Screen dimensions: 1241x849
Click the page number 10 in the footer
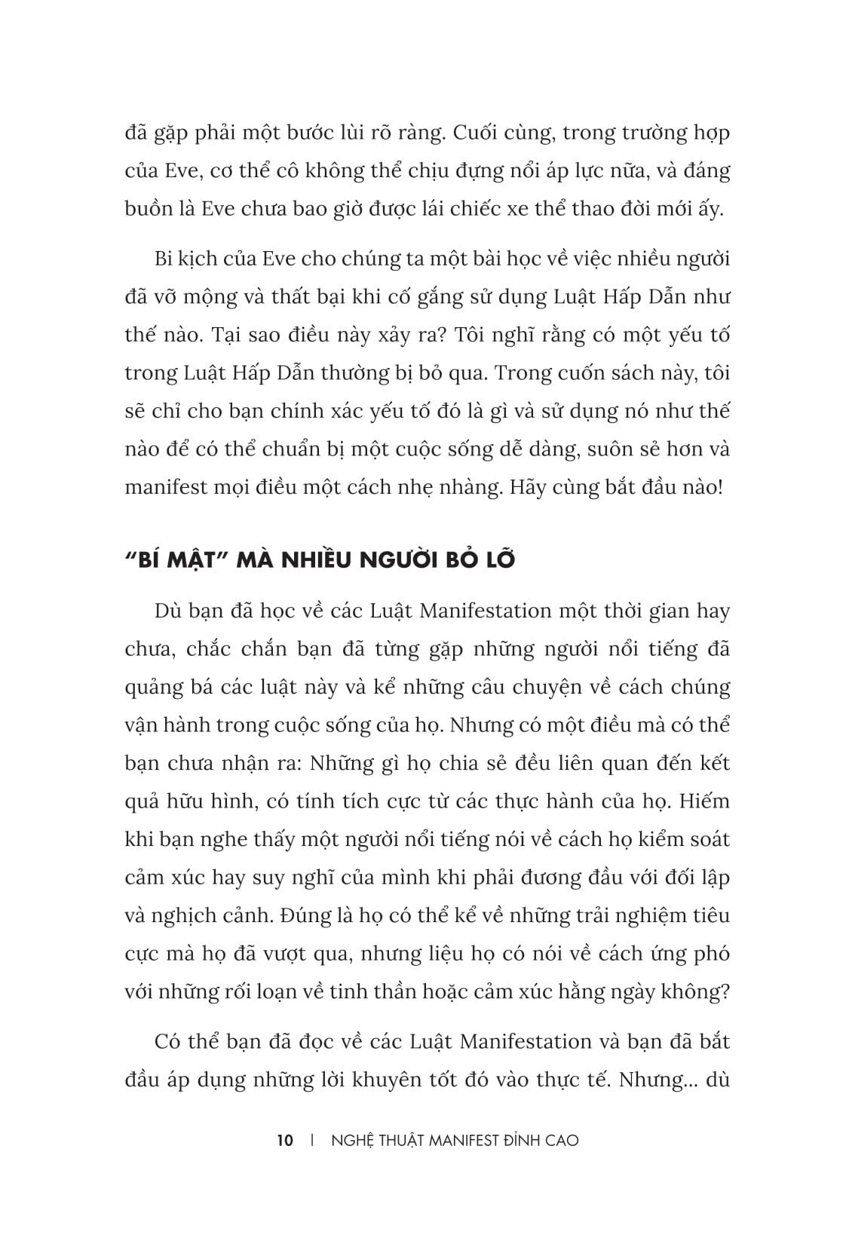pos(285,1140)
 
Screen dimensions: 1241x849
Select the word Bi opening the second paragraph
pos(164,259)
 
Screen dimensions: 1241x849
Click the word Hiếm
pos(703,801)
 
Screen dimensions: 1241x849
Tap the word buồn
pos(149,210)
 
